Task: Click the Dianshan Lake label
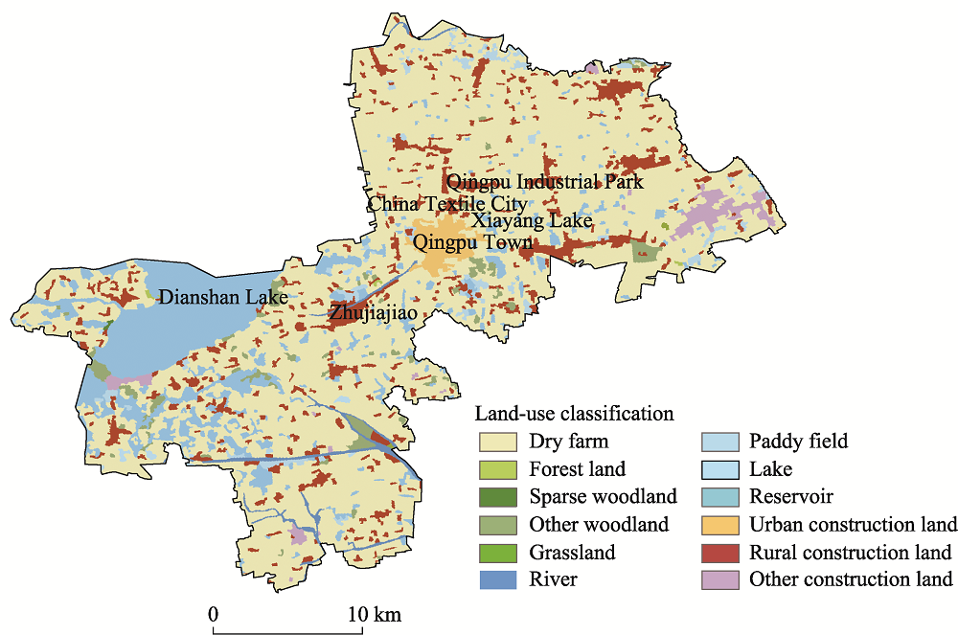pos(223,298)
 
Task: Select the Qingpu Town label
pos(472,242)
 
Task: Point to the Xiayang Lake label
pos(532,221)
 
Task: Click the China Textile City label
pos(446,204)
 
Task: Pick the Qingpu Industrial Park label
pos(542,181)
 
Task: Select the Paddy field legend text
pos(798,442)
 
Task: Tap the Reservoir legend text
pos(790,497)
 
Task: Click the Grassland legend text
pos(572,553)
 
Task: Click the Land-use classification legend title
pos(574,415)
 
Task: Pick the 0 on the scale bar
pos(214,613)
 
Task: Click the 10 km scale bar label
pos(374,613)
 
